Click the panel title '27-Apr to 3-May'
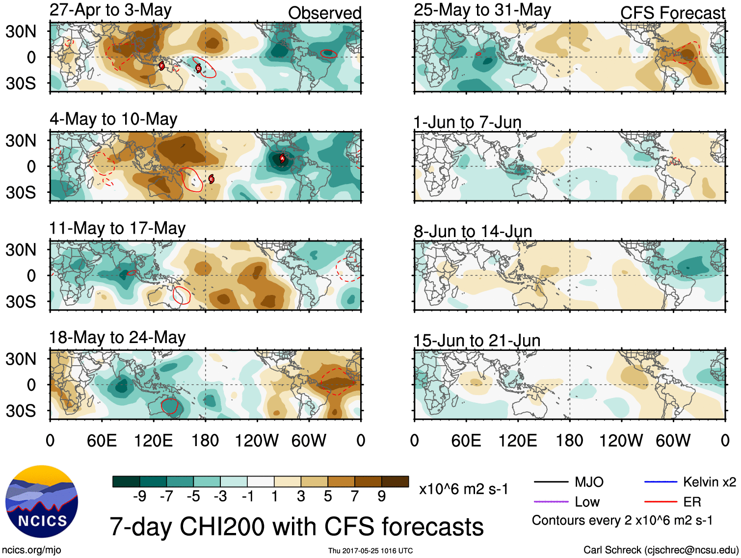point(110,10)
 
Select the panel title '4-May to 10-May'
point(113,119)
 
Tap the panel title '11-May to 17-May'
point(117,228)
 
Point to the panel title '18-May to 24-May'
point(117,338)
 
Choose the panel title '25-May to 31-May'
point(482,10)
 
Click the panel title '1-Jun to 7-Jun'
point(467,122)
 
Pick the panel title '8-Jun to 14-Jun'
point(473,231)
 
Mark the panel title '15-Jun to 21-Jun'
point(476,341)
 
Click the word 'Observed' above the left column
point(324,13)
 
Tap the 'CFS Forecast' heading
point(672,13)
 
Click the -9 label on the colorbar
point(139,497)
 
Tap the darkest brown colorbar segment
point(395,481)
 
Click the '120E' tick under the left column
point(153,441)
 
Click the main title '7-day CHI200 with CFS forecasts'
point(296,527)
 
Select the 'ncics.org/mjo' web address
point(31,550)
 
